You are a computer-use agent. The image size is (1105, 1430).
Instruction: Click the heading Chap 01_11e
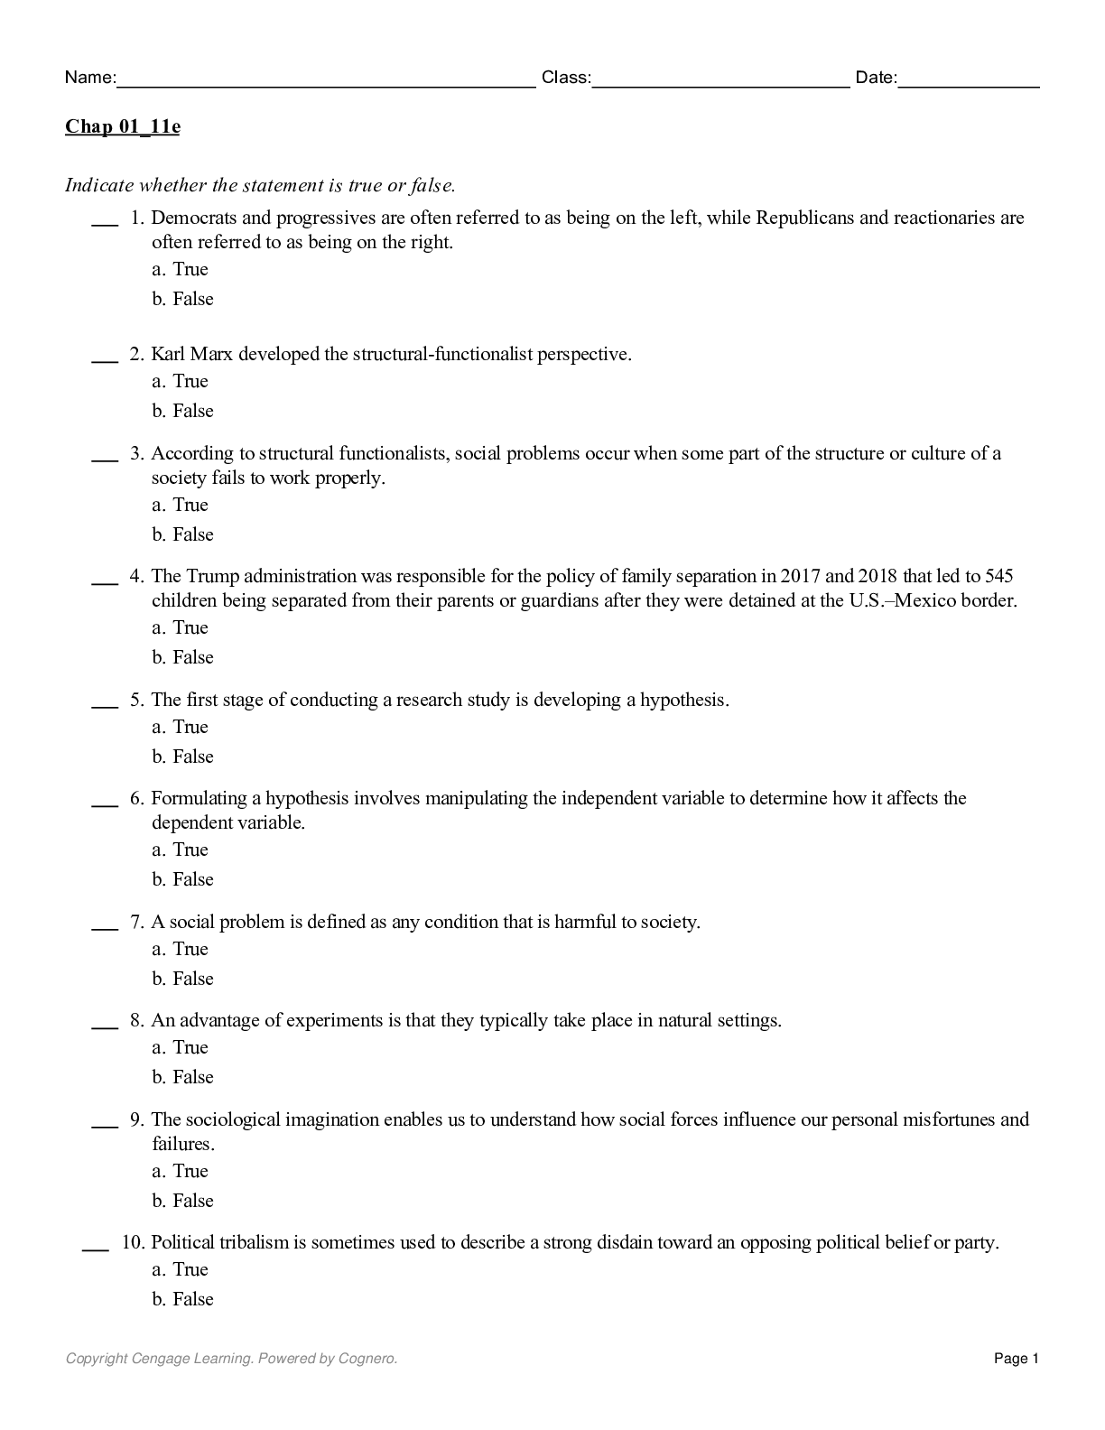122,126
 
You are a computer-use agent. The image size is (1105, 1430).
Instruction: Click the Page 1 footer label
1017,1359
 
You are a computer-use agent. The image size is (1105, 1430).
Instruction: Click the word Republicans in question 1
804,218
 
